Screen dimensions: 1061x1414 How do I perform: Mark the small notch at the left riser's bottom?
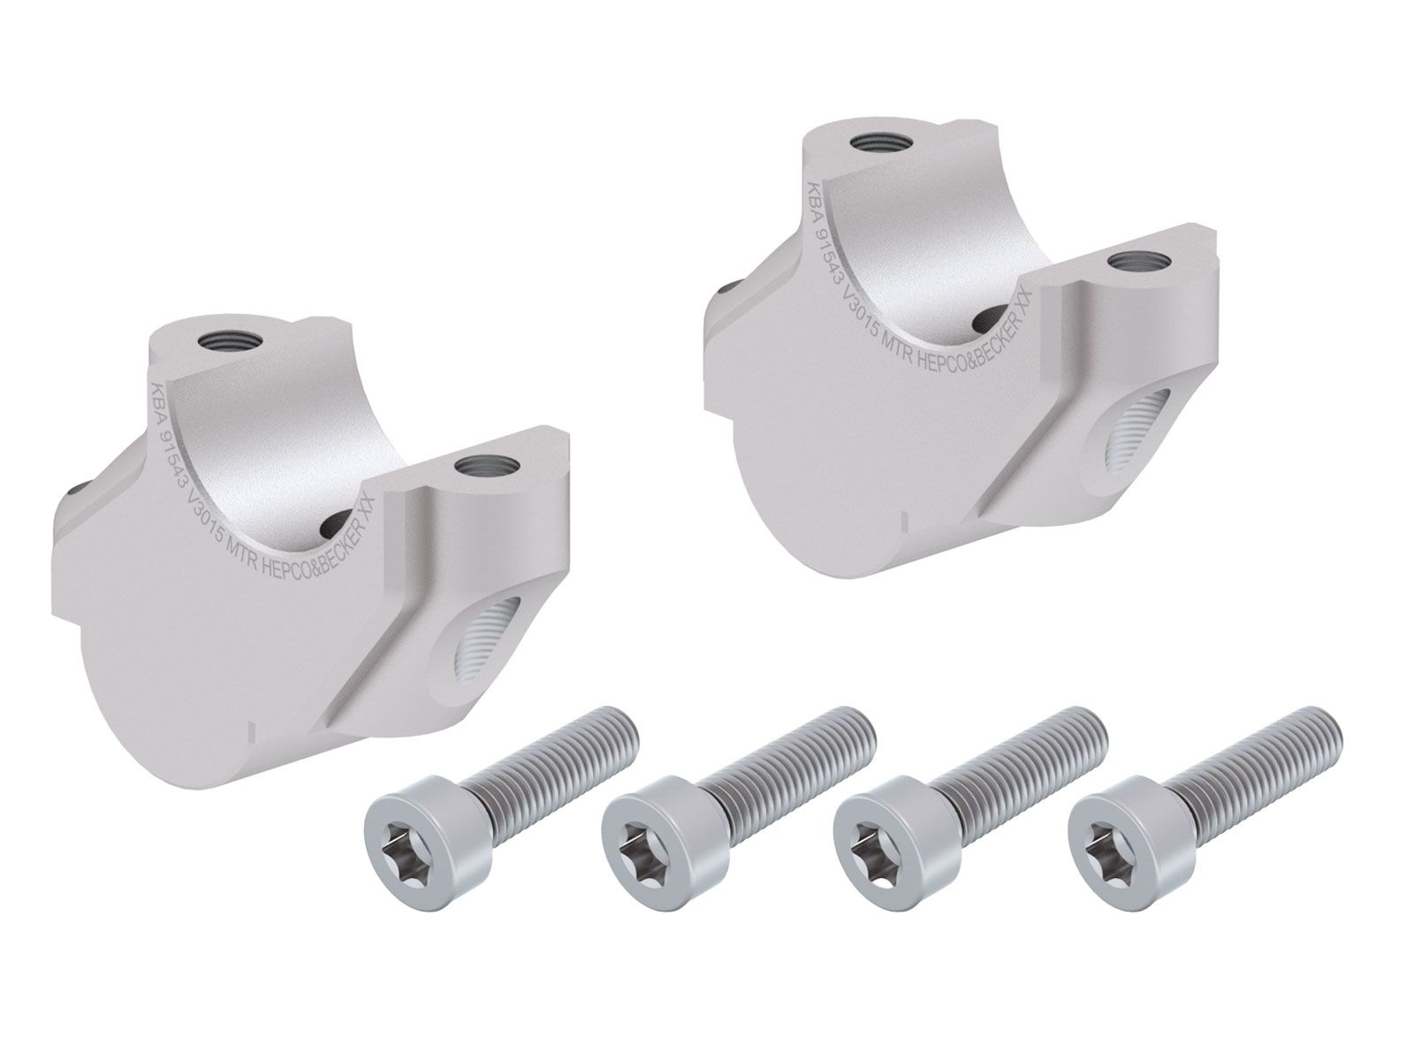pos(251,731)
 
